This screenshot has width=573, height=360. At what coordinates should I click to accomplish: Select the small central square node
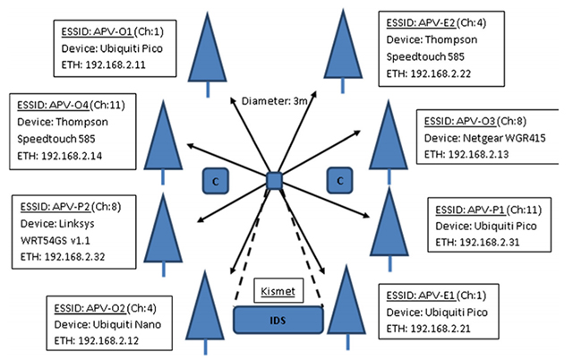[276, 181]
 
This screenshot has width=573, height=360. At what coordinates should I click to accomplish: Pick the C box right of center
[338, 180]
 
